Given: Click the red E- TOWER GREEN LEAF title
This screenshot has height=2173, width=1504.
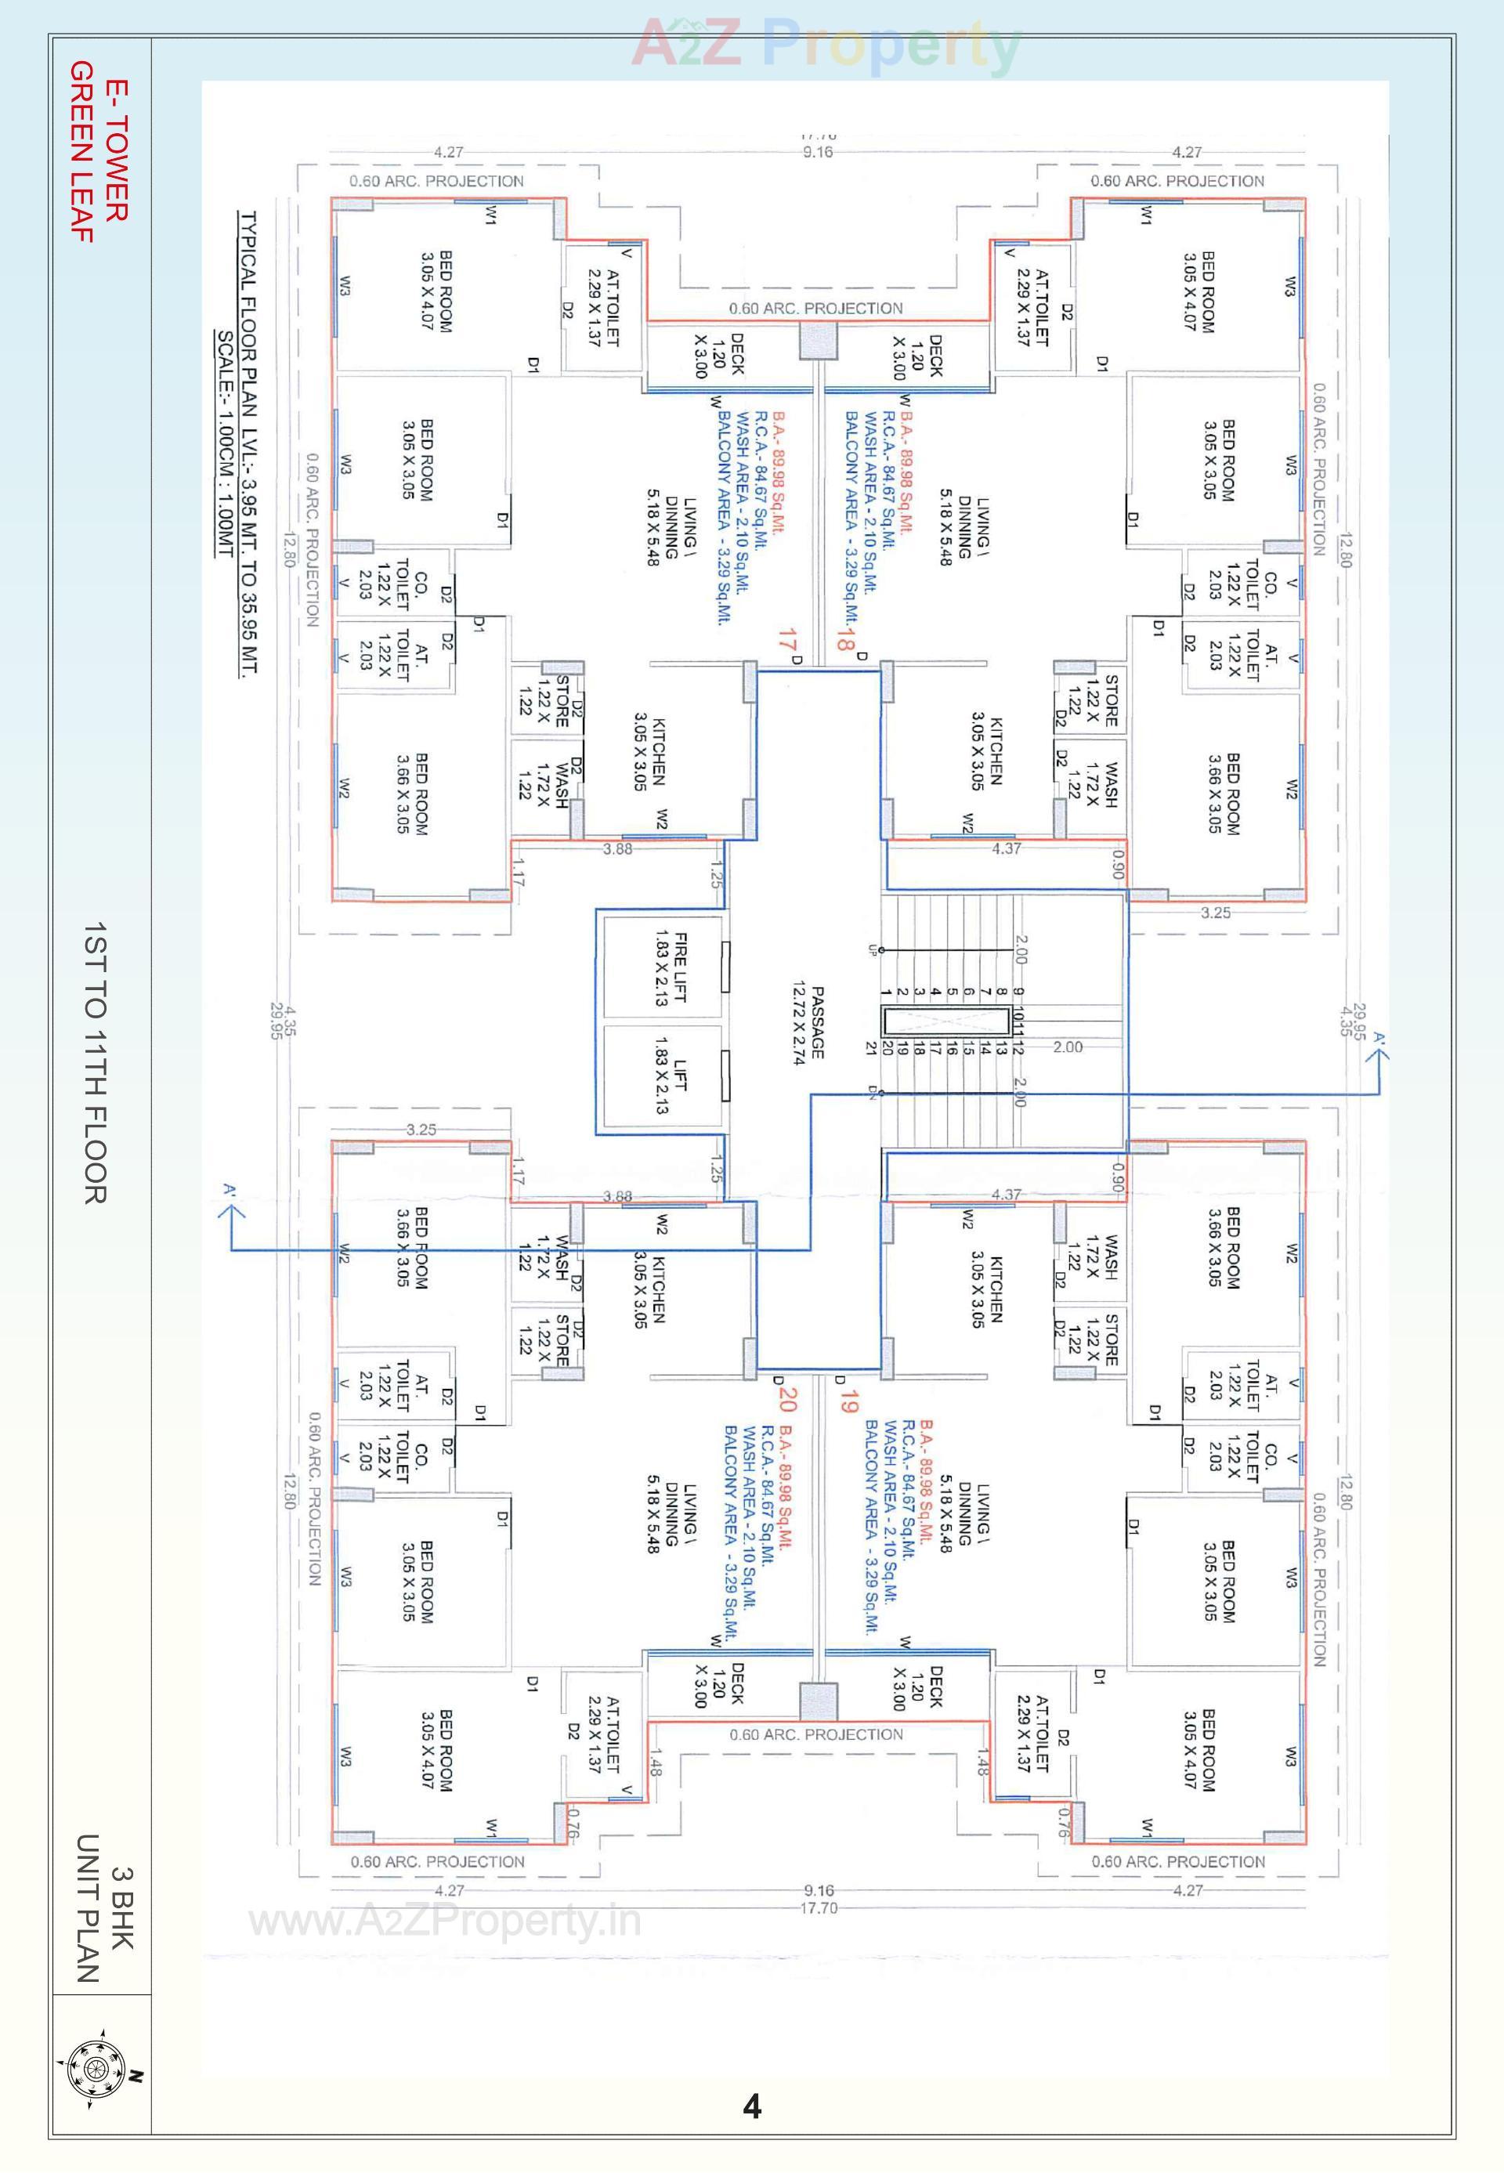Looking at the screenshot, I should [98, 150].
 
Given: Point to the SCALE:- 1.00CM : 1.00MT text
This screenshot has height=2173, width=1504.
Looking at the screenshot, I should [226, 443].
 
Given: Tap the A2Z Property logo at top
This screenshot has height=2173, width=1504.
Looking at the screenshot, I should [825, 45].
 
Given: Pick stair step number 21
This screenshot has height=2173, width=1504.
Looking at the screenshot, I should [872, 1047].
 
